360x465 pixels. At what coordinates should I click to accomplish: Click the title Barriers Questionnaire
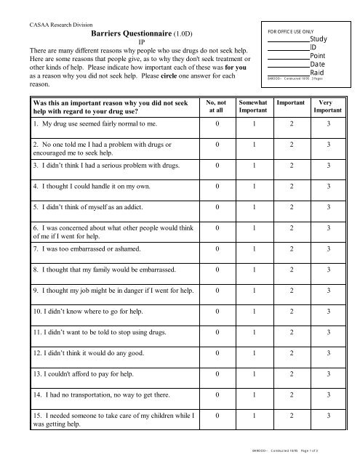(x=119, y=33)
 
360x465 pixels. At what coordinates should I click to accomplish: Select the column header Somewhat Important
(x=254, y=109)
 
